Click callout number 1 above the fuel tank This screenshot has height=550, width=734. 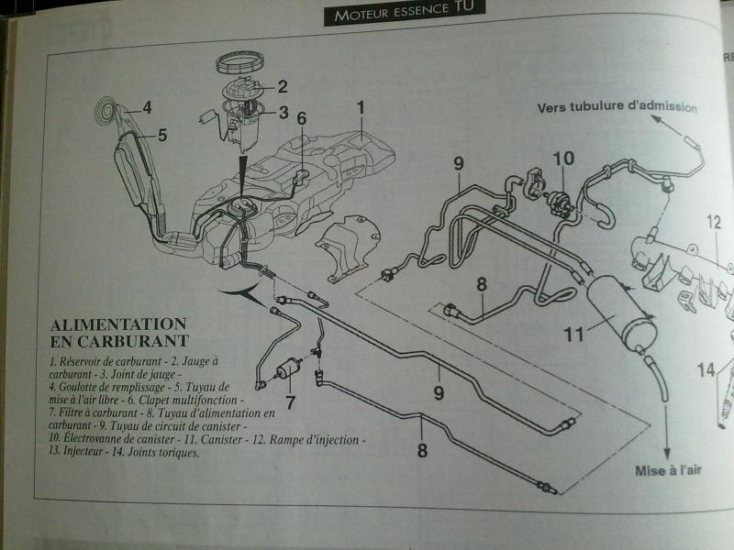pos(361,107)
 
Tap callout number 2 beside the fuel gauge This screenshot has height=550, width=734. pos(282,87)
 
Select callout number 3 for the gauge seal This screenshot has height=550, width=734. pos(283,113)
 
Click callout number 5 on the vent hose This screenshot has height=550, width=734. pos(161,135)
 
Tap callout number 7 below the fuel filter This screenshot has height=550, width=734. pos(290,401)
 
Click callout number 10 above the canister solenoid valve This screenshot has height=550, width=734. pos(563,158)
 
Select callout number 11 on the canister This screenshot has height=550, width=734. pos(573,335)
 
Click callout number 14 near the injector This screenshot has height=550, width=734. pos(706,369)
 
